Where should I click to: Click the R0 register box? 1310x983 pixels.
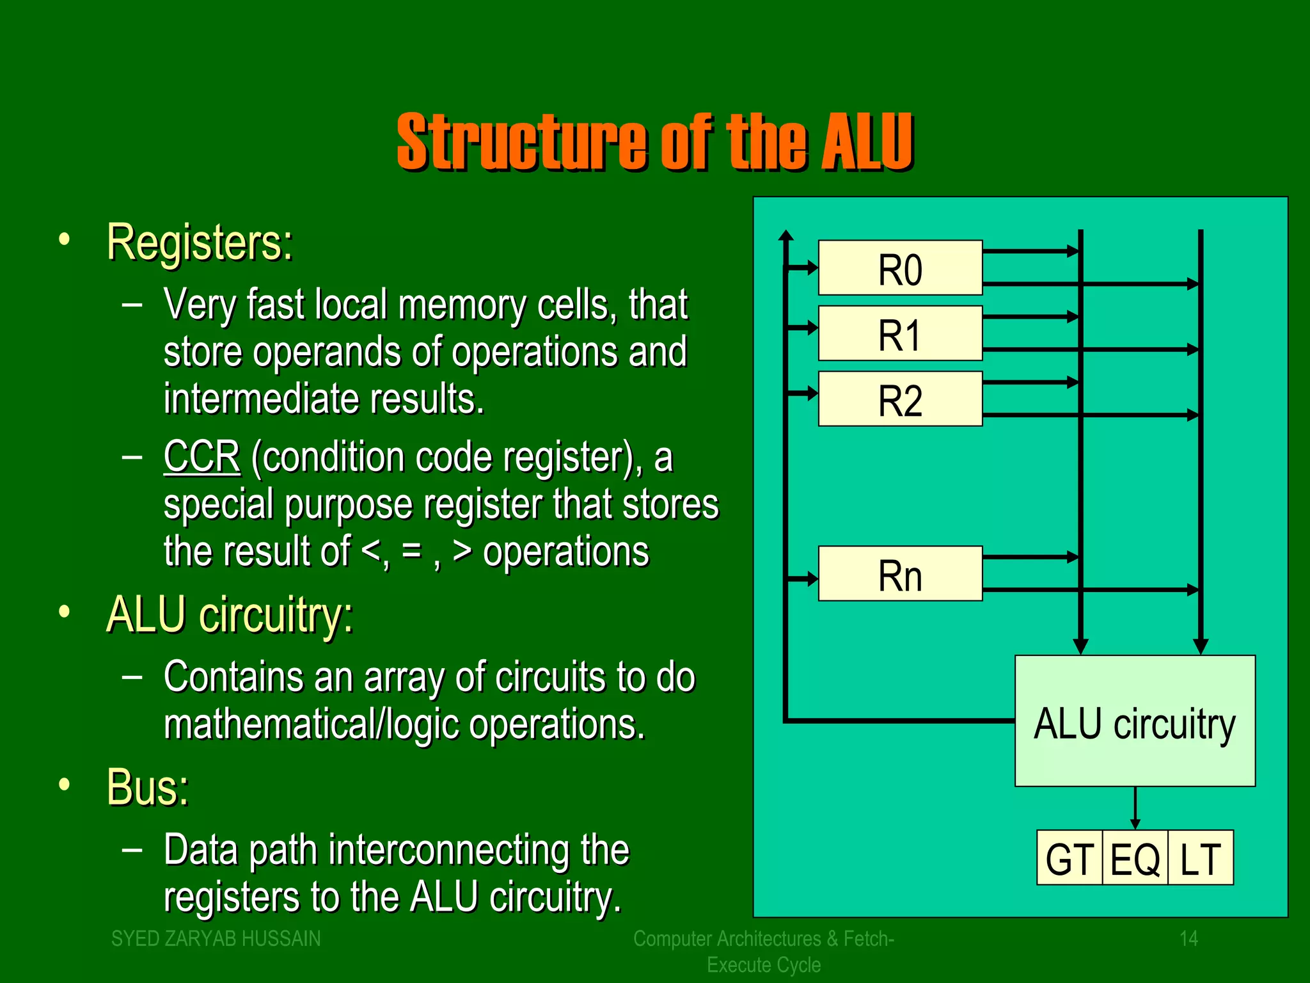(x=900, y=268)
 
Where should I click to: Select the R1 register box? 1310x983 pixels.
(x=900, y=333)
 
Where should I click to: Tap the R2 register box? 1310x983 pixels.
(x=900, y=399)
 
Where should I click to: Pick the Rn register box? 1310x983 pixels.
(x=900, y=573)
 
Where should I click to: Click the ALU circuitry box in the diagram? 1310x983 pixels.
(x=1135, y=721)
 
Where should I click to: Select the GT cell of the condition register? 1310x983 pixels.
(x=1069, y=858)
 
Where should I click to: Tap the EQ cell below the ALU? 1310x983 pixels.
(x=1135, y=858)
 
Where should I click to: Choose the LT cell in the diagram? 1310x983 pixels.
(x=1201, y=858)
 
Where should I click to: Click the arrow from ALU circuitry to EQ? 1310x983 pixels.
(x=1135, y=808)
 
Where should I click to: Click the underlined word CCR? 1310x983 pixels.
(x=202, y=457)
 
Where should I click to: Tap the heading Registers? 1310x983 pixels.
(x=200, y=243)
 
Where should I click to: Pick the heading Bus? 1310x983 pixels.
(x=148, y=787)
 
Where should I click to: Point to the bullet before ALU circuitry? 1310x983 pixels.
(x=64, y=612)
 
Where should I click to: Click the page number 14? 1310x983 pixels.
(x=1188, y=938)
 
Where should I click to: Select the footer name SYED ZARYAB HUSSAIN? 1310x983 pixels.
(x=216, y=938)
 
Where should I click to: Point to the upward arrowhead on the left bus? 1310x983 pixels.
(x=786, y=236)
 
